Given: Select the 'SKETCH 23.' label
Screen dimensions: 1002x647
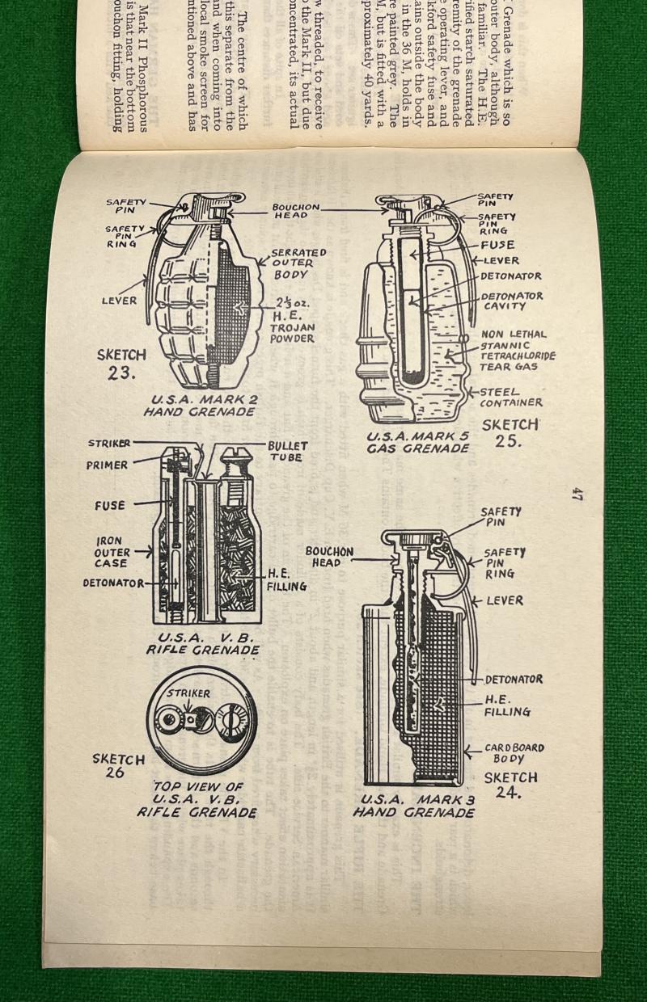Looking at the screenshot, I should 121,364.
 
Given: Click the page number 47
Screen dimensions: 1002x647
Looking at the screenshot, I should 577,494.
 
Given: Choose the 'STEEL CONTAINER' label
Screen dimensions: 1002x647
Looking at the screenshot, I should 510,397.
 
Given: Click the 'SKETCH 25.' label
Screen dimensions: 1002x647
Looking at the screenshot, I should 510,432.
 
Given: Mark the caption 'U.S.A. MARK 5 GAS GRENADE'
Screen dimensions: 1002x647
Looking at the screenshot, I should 417,442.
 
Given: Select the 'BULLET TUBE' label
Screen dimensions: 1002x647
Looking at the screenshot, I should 286,451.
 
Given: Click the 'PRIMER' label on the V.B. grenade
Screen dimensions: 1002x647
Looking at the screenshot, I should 107,465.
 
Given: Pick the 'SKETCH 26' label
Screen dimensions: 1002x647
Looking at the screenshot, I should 118,765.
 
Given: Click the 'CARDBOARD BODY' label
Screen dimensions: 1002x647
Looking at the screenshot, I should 514,753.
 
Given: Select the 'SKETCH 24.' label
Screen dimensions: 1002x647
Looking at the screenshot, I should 510,785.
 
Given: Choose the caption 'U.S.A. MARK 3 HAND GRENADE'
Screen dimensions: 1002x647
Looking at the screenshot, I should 413,806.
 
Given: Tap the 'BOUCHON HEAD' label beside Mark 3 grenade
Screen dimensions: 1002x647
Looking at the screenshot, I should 329,556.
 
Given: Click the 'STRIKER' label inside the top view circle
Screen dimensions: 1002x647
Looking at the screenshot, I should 188,693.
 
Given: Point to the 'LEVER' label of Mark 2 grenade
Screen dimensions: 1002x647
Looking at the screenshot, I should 119,301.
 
